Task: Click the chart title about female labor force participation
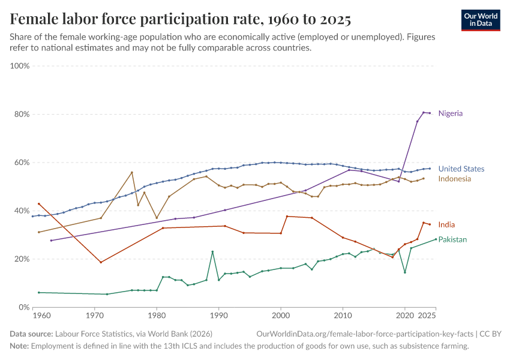pyautogui.click(x=181, y=19)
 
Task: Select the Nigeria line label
pyautogui.click(x=450, y=113)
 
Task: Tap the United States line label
pyautogui.click(x=461, y=169)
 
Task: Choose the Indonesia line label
pyautogui.click(x=454, y=179)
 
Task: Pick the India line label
pyautogui.click(x=446, y=225)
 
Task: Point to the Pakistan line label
pyautogui.click(x=452, y=239)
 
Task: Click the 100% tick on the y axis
pyautogui.click(x=20, y=65)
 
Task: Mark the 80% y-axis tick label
pyautogui.click(x=22, y=114)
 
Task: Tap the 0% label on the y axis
pyautogui.click(x=24, y=307)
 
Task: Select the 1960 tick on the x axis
pyautogui.click(x=42, y=315)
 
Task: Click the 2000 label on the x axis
pyautogui.click(x=281, y=315)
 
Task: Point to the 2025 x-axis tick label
pyautogui.click(x=427, y=315)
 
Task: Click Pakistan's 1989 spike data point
pyautogui.click(x=212, y=251)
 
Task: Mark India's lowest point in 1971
pyautogui.click(x=101, y=262)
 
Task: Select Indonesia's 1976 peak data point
pyautogui.click(x=132, y=173)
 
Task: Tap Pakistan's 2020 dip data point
pyautogui.click(x=405, y=272)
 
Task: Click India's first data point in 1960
pyautogui.click(x=39, y=204)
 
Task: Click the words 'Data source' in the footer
pyautogui.click(x=31, y=334)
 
